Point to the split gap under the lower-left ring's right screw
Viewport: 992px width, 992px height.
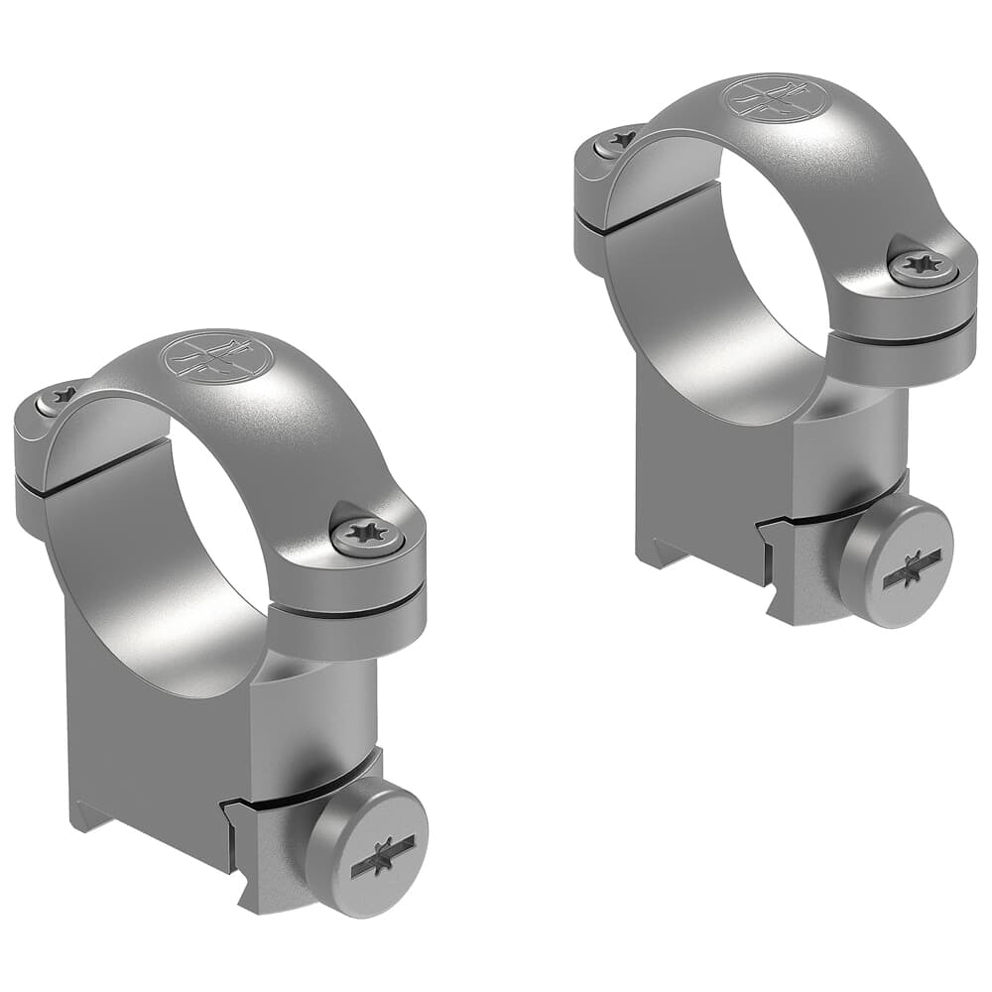tap(347, 598)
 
